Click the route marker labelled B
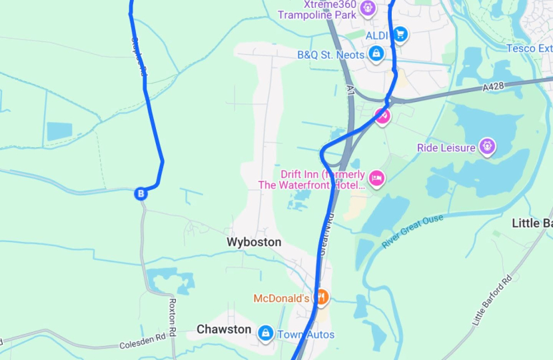141,194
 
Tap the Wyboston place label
254,242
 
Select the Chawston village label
224,329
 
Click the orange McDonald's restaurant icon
321,297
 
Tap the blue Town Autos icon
266,333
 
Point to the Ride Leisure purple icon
488,146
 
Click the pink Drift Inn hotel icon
376,178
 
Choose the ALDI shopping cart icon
400,33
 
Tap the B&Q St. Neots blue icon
376,53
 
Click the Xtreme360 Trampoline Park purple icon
368,9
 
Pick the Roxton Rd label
172,317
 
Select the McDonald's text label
281,298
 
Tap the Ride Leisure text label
446,147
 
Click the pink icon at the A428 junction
382,116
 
